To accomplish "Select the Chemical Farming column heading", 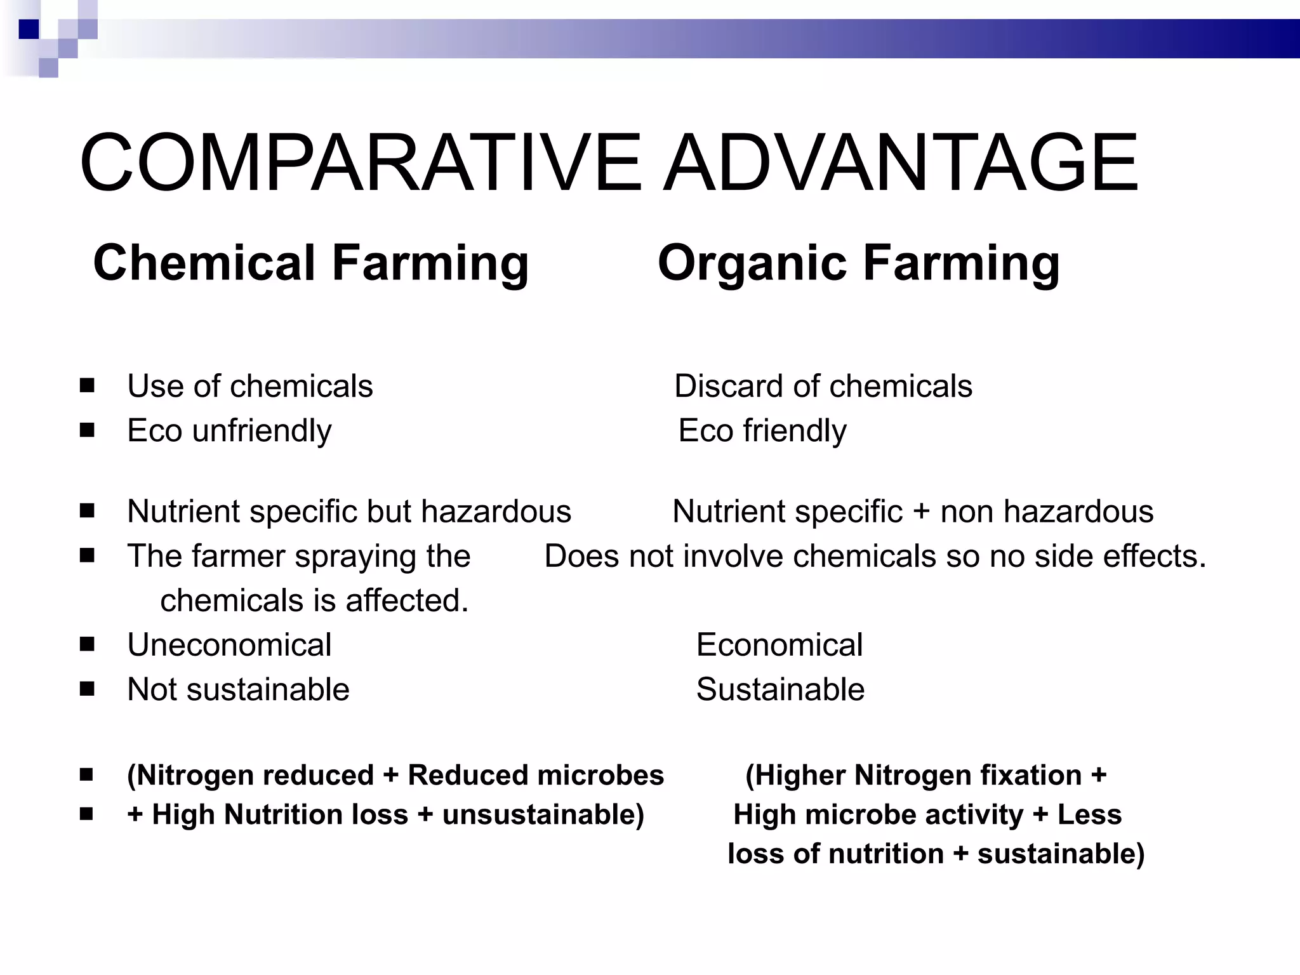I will point(310,263).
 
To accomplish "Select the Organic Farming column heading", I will point(858,263).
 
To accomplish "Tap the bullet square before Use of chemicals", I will point(88,386).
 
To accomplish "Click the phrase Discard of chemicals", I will point(823,386).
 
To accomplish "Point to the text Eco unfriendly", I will point(229,431).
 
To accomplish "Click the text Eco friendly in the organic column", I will point(762,431).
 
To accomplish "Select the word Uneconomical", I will point(229,645).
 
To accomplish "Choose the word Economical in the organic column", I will point(779,645).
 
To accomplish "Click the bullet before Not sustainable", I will point(88,689).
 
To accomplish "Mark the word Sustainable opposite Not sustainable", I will point(780,689).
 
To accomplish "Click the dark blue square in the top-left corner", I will point(29,29).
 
